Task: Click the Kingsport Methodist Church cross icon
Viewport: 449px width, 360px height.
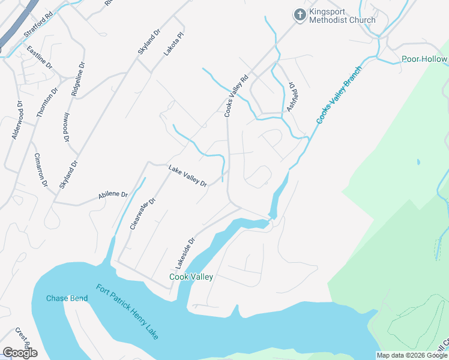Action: click(300, 14)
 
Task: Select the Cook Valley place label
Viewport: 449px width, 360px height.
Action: click(191, 277)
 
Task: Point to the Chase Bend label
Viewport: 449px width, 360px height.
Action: click(67, 298)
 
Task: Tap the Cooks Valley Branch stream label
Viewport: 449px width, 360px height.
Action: click(339, 95)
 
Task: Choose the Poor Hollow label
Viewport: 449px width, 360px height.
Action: click(424, 59)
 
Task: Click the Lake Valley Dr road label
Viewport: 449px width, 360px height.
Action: click(187, 175)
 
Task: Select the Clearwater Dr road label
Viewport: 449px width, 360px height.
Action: click(143, 213)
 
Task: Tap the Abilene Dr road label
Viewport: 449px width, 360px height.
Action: click(113, 196)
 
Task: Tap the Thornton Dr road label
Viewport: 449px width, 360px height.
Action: click(47, 102)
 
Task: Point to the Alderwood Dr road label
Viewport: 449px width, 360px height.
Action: click(17, 120)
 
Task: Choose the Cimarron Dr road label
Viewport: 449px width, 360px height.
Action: click(41, 169)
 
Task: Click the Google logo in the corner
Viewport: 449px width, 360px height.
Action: click(20, 353)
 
